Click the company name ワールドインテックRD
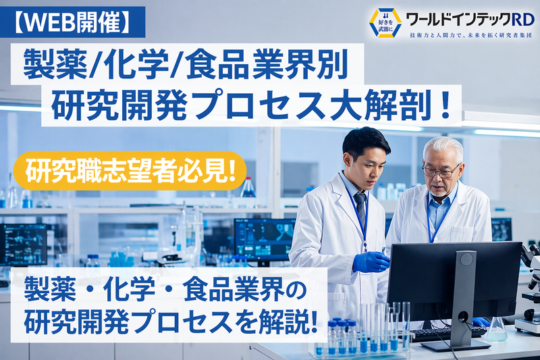click(x=470, y=18)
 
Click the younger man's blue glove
click(x=370, y=261)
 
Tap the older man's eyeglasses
click(x=439, y=171)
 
